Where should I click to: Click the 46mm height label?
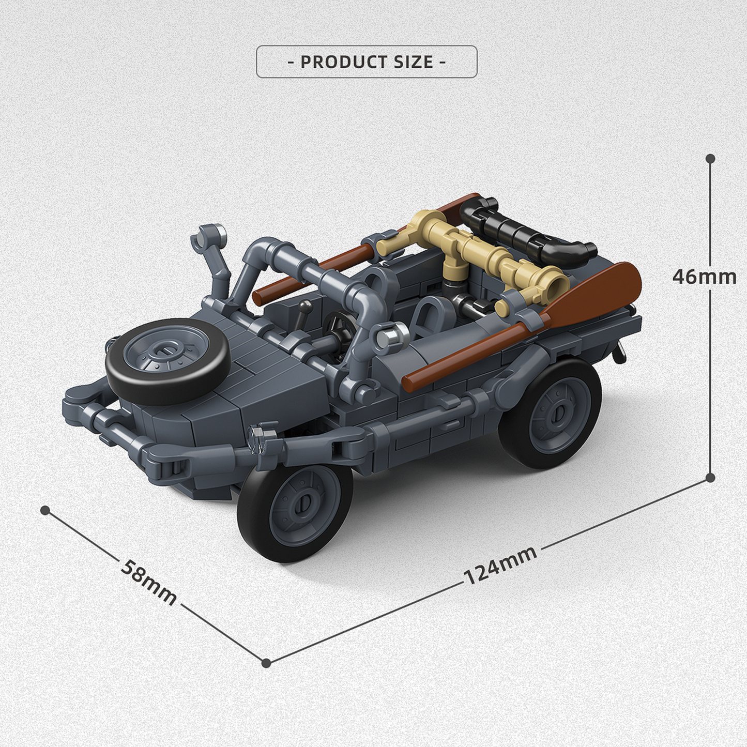[704, 277]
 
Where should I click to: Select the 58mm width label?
[148, 581]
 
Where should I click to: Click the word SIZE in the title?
[413, 62]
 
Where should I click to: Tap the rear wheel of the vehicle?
[550, 414]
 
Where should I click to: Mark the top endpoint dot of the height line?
[710, 158]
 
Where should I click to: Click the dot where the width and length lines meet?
[266, 663]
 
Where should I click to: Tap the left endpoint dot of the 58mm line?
[45, 510]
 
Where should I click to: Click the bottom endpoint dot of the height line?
[710, 477]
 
